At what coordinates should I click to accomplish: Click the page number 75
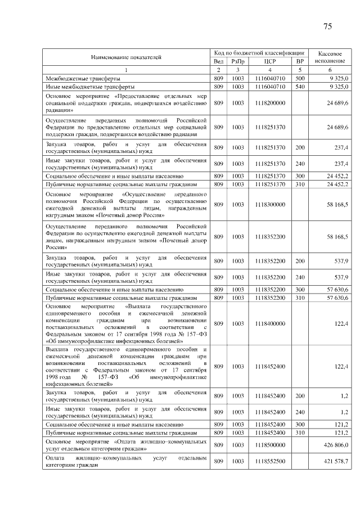[x=328, y=27]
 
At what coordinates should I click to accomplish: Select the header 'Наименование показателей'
[x=126, y=57]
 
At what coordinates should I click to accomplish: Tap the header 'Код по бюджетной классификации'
[x=259, y=52]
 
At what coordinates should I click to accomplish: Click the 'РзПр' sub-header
[x=238, y=61]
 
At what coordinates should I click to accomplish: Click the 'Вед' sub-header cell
[x=219, y=61]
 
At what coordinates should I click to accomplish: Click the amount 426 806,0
[x=336, y=444]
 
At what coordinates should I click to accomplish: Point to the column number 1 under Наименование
[x=126, y=70]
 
